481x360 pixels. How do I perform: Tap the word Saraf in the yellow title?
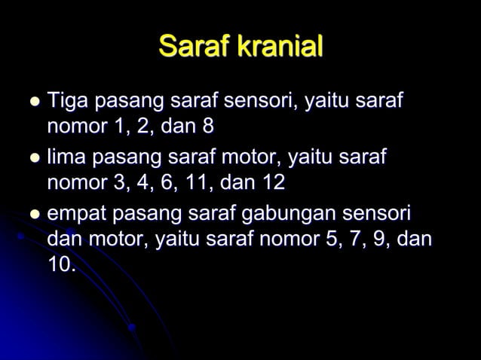point(195,47)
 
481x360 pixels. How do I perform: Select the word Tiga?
point(69,100)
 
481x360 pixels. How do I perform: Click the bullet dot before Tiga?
point(34,100)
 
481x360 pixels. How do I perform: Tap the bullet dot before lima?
point(34,158)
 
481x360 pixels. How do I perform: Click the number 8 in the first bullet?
point(207,126)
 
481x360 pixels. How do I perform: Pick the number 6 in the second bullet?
point(170,183)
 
